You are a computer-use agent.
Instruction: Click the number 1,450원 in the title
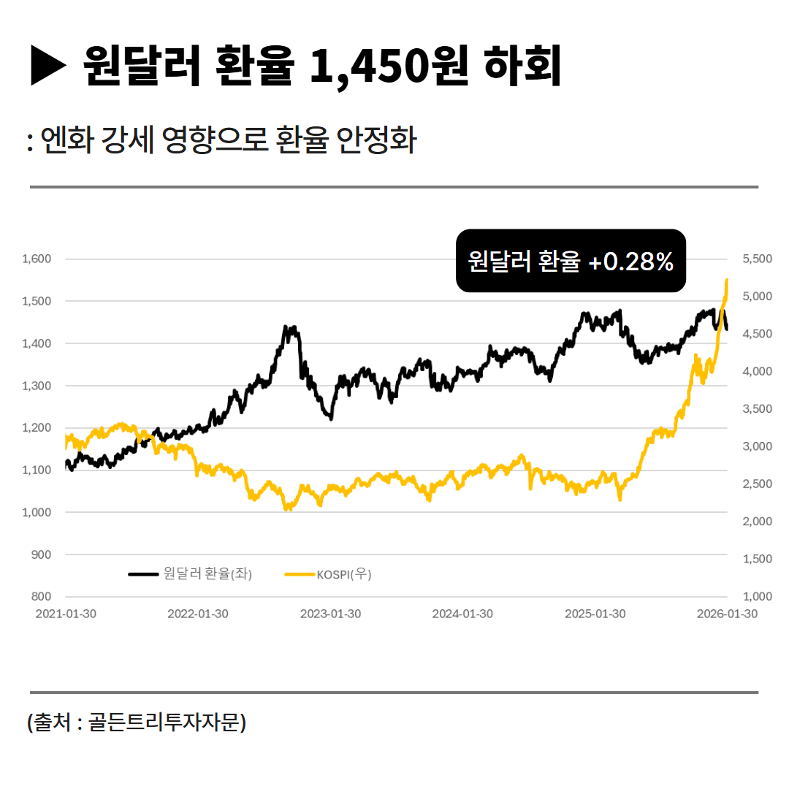click(388, 66)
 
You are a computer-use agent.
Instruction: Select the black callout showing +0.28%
click(571, 261)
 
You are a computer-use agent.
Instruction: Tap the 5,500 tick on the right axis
click(757, 259)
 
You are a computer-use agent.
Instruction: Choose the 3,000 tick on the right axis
click(757, 446)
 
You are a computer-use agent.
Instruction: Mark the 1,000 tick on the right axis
click(757, 596)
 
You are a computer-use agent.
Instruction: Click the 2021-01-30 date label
click(66, 614)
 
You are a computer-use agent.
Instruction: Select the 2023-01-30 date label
click(330, 614)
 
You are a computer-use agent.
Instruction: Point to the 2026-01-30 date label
click(727, 614)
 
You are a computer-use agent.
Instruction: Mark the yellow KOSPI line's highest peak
click(726, 280)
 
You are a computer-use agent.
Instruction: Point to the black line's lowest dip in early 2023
click(331, 418)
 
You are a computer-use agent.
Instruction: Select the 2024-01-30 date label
click(462, 614)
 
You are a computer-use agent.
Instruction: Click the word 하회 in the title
click(523, 66)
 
